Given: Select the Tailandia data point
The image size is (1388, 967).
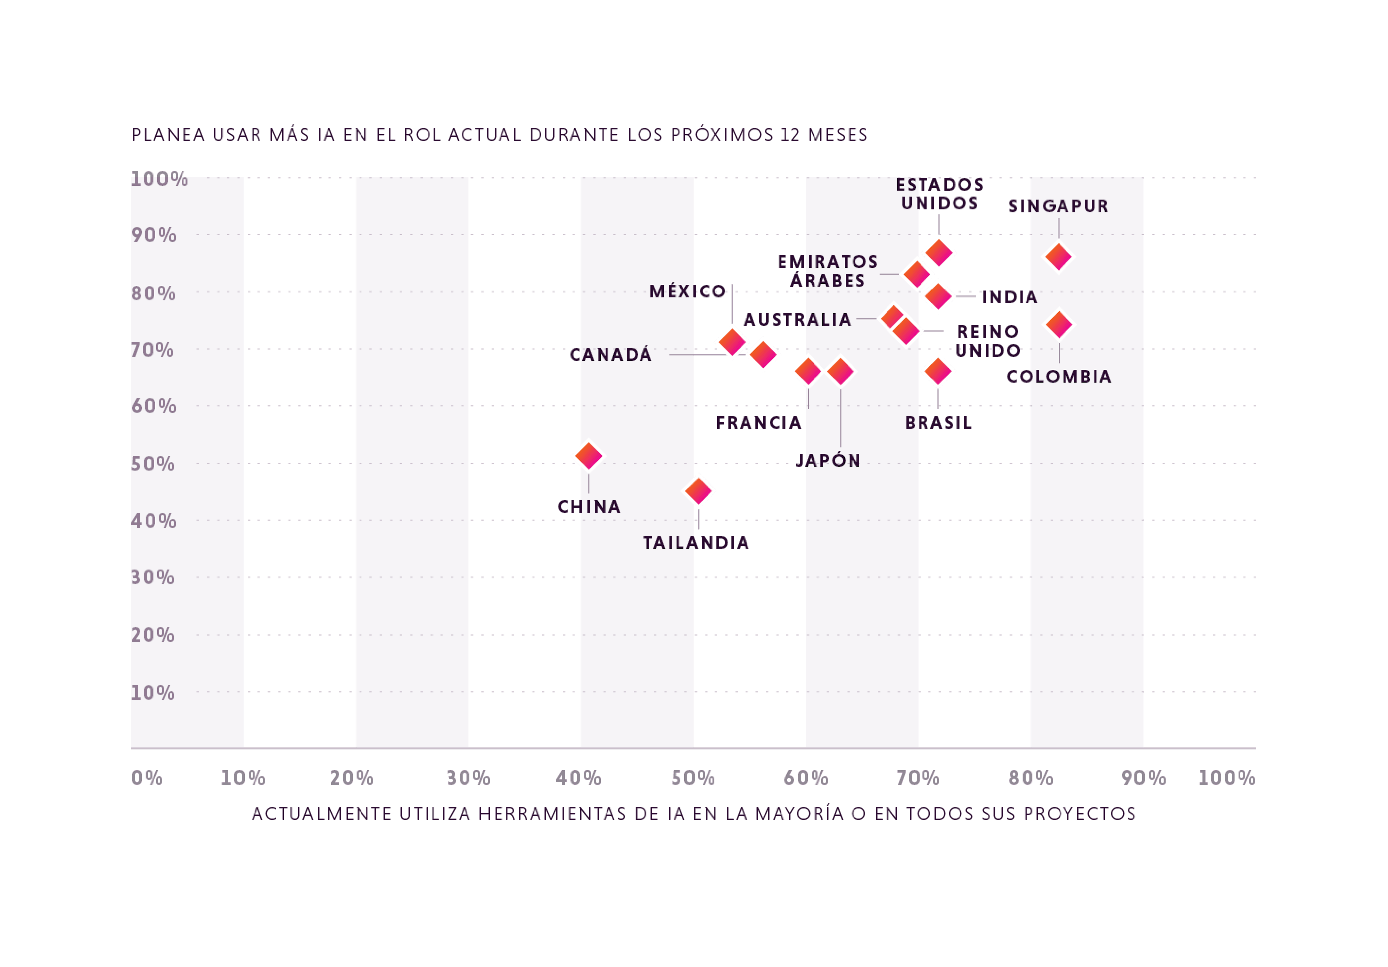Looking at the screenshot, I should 699,491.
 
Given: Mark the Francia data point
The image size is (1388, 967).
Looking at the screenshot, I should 808,371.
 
